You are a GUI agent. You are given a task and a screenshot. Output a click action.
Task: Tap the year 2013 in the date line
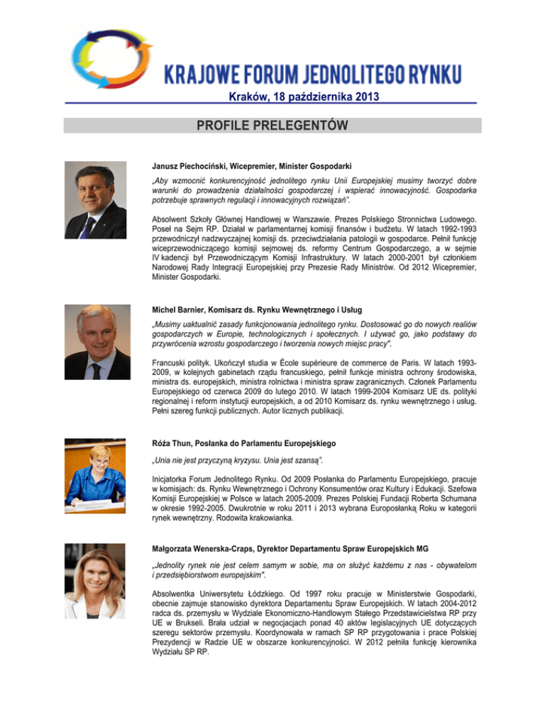coord(363,96)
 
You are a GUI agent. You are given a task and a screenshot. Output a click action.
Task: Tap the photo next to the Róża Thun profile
coord(95,467)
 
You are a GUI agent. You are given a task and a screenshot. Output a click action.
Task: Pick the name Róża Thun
coord(174,442)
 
